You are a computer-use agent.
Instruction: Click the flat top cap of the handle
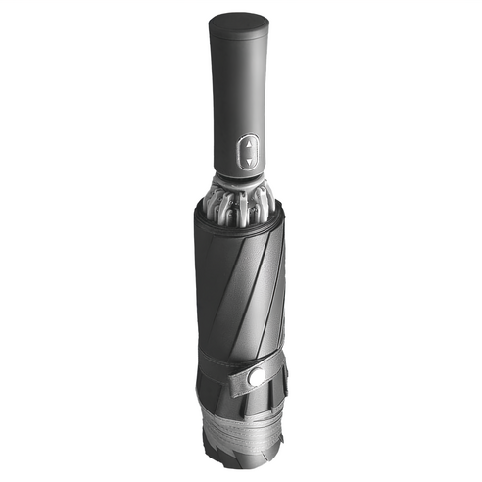tap(242, 22)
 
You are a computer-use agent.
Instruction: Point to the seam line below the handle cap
tap(241, 42)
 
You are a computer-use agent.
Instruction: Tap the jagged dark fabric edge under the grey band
tap(245, 453)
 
